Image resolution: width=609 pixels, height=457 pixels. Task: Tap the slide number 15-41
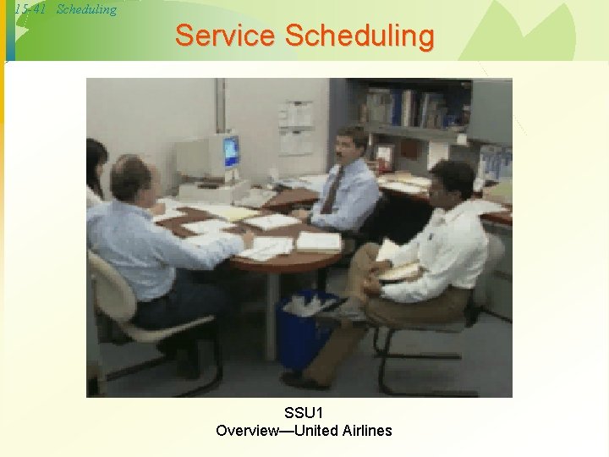(30, 10)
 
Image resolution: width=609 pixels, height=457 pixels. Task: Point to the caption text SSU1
(304, 412)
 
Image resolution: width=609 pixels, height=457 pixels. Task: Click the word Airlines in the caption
(367, 430)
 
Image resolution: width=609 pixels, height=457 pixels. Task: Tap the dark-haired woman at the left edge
(96, 165)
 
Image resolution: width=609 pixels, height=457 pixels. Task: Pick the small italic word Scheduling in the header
(86, 10)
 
